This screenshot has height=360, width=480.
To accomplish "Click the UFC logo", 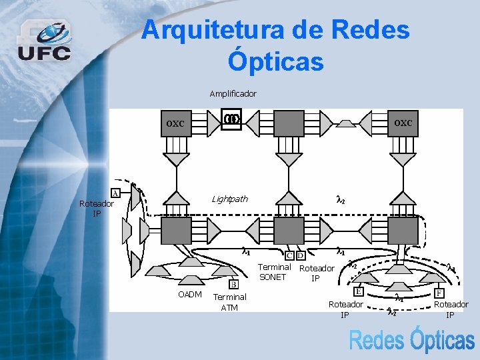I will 44,41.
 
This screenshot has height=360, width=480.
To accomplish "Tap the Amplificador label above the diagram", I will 233,93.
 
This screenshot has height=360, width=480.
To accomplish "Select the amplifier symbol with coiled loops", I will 231,119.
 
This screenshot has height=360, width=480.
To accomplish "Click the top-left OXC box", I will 177,124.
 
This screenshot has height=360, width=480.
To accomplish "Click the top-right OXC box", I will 403,124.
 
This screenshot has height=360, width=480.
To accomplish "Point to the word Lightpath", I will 229,199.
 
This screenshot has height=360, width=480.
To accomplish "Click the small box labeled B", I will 234,285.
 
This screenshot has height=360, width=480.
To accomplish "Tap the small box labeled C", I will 289,255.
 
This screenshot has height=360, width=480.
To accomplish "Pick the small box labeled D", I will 301,255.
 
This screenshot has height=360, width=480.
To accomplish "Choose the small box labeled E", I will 359,291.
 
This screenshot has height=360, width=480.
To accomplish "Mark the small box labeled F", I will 439,293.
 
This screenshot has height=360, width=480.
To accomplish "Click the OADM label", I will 190,295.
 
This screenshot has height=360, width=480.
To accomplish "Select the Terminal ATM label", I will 229,301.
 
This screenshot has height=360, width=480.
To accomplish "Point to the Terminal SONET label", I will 274,272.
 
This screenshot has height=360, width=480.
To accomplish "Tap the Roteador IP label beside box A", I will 96,209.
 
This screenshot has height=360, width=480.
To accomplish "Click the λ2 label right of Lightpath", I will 340,199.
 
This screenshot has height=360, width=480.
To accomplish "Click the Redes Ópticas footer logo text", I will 411,340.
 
